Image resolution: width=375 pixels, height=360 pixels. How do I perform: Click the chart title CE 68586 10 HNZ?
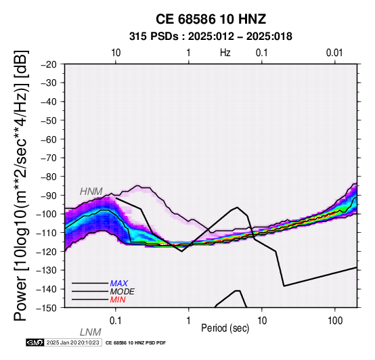pyautogui.click(x=211, y=19)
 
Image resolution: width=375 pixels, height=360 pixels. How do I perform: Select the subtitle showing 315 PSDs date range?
pyautogui.click(x=211, y=37)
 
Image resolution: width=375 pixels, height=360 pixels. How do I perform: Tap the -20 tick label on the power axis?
pyautogui.click(x=49, y=64)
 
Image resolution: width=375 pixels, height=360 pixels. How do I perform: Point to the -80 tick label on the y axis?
pyautogui.click(x=49, y=177)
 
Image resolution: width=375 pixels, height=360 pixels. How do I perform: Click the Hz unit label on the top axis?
pyautogui.click(x=225, y=53)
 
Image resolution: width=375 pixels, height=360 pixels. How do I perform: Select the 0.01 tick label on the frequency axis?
pyautogui.click(x=334, y=53)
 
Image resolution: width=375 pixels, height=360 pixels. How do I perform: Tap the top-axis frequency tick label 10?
pyautogui.click(x=116, y=53)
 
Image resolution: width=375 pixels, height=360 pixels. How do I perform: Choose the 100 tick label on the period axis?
pyautogui.click(x=335, y=321)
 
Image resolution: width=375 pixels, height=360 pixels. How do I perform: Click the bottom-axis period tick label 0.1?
pyautogui.click(x=116, y=321)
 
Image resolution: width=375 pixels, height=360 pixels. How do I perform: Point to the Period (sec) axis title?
pyautogui.click(x=225, y=328)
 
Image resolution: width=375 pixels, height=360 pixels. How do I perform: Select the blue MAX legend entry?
pyautogui.click(x=119, y=284)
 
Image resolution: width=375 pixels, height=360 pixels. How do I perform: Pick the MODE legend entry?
pyautogui.click(x=123, y=292)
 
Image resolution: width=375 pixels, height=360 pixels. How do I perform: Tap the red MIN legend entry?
pyautogui.click(x=118, y=300)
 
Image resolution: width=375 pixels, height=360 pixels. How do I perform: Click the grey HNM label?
pyautogui.click(x=91, y=192)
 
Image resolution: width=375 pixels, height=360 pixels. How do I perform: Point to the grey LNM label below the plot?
pyautogui.click(x=91, y=332)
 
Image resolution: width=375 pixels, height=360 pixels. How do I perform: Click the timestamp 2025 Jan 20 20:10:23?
pyautogui.click(x=72, y=342)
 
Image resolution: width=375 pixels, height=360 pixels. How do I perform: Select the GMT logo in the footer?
pyautogui.click(x=35, y=342)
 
